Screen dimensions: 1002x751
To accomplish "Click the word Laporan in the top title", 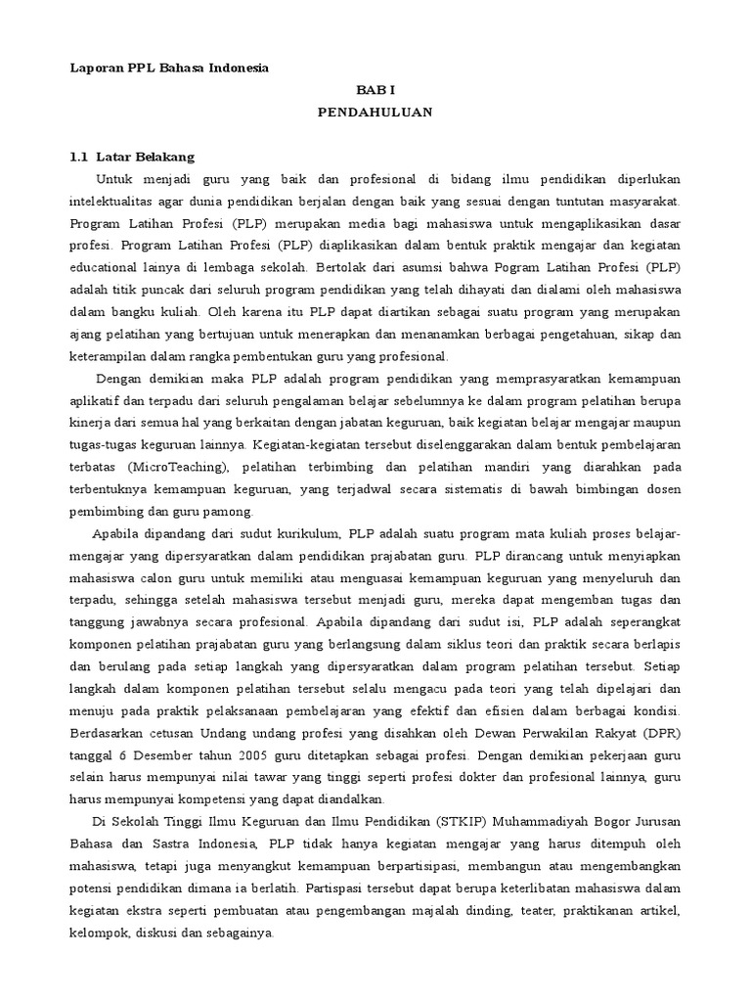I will (92, 68).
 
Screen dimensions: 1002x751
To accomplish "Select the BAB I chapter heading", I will (375, 90).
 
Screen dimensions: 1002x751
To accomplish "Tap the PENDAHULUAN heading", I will (375, 113).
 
